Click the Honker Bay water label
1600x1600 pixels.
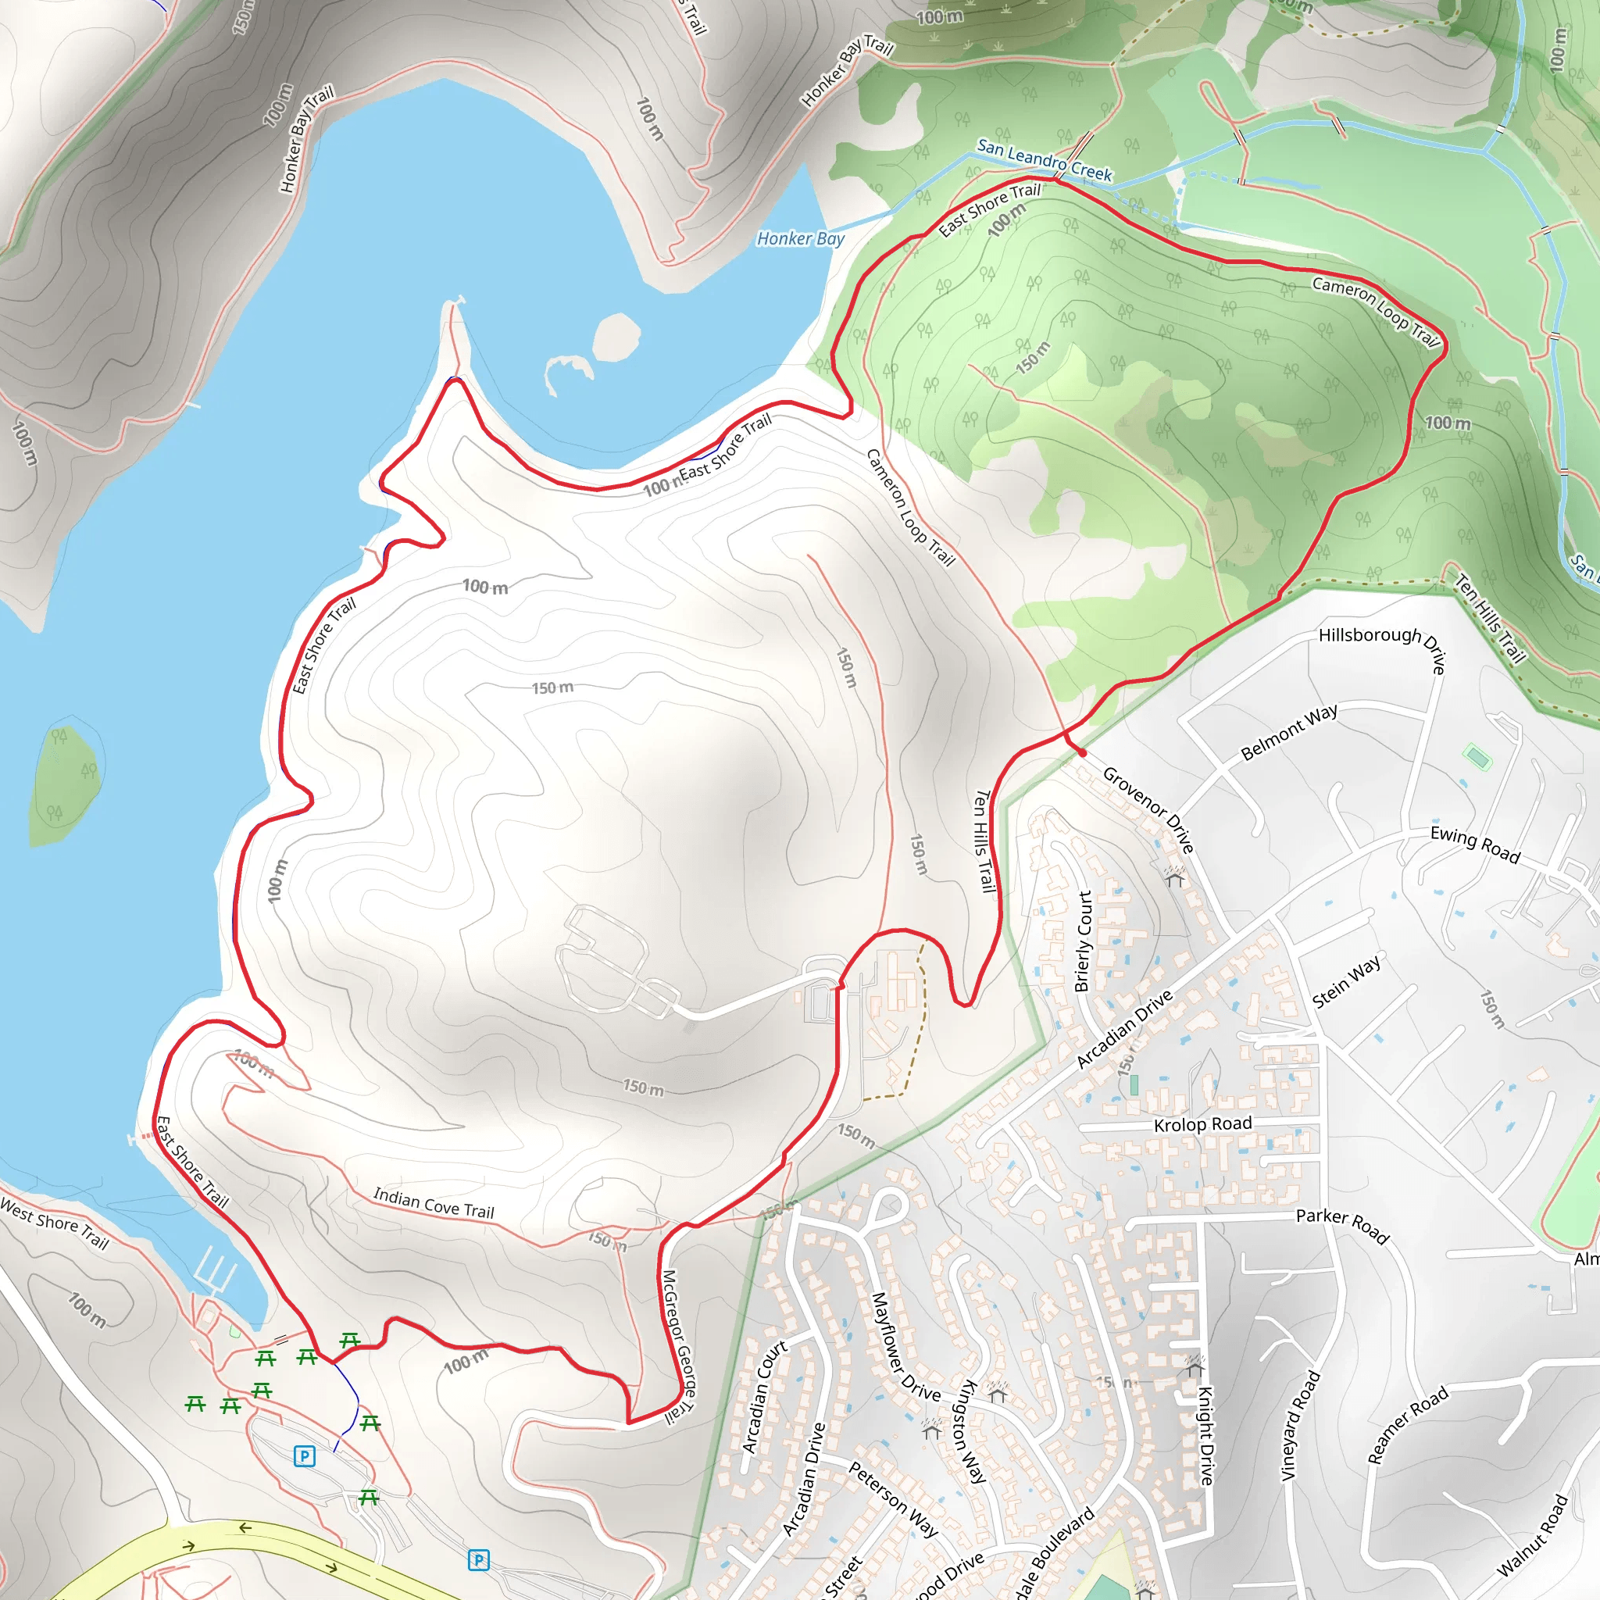point(800,239)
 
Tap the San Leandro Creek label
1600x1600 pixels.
point(1045,160)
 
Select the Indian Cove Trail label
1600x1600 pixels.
point(433,1202)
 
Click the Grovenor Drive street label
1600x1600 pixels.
point(1148,810)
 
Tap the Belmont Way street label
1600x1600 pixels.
point(1288,731)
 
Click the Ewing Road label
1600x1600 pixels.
point(1475,845)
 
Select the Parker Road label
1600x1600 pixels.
point(1342,1224)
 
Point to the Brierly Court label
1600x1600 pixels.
point(1084,941)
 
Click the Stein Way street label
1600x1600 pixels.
point(1347,981)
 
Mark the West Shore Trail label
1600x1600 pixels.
point(55,1223)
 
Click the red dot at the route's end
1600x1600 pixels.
point(1081,753)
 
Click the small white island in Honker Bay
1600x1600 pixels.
point(617,337)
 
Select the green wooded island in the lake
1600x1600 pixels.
point(65,784)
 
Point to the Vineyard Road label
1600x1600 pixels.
point(1300,1424)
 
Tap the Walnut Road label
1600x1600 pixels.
point(1532,1534)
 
